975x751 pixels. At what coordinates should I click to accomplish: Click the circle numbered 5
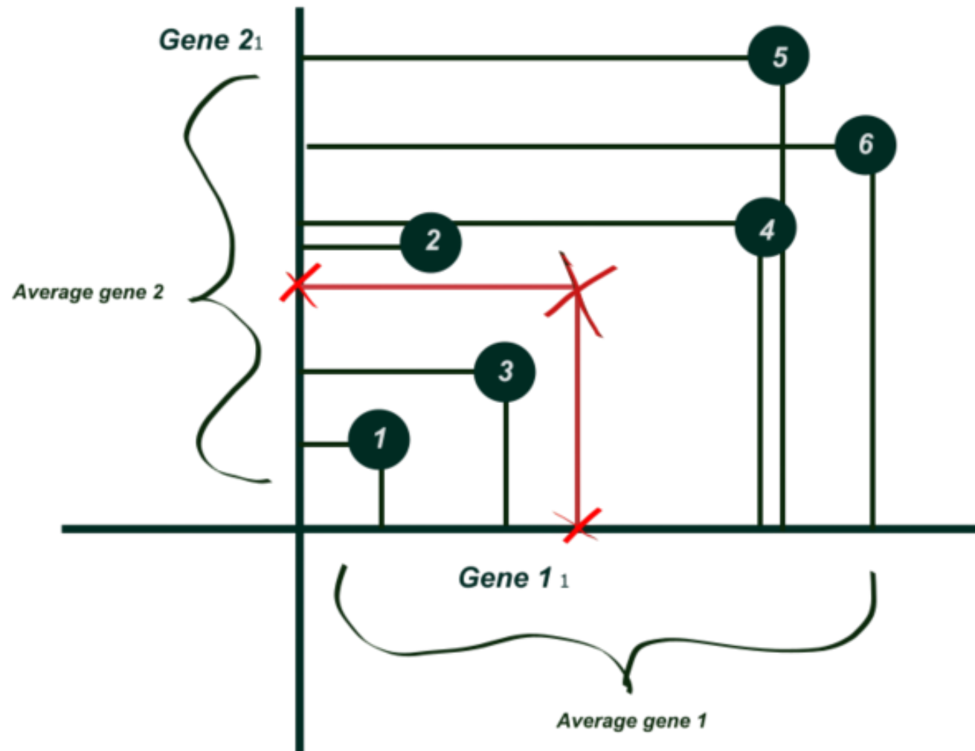(779, 56)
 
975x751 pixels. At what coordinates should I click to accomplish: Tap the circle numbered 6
(865, 144)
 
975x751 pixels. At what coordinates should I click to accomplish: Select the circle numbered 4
(765, 228)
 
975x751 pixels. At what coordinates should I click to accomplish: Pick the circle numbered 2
(431, 242)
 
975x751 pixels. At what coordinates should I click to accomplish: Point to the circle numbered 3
(505, 371)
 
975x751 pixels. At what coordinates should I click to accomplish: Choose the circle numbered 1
(379, 439)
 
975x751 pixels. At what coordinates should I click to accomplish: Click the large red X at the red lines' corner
(579, 294)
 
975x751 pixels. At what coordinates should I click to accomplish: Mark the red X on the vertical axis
(300, 285)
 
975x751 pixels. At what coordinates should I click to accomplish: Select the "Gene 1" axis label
(512, 577)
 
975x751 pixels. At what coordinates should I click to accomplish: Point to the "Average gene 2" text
(89, 292)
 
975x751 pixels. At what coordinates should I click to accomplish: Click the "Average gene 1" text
(631, 721)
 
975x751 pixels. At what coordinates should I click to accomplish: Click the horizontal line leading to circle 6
(565, 146)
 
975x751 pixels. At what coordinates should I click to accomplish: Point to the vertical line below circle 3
(506, 461)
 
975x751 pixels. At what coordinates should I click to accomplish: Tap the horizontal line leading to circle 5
(521, 57)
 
